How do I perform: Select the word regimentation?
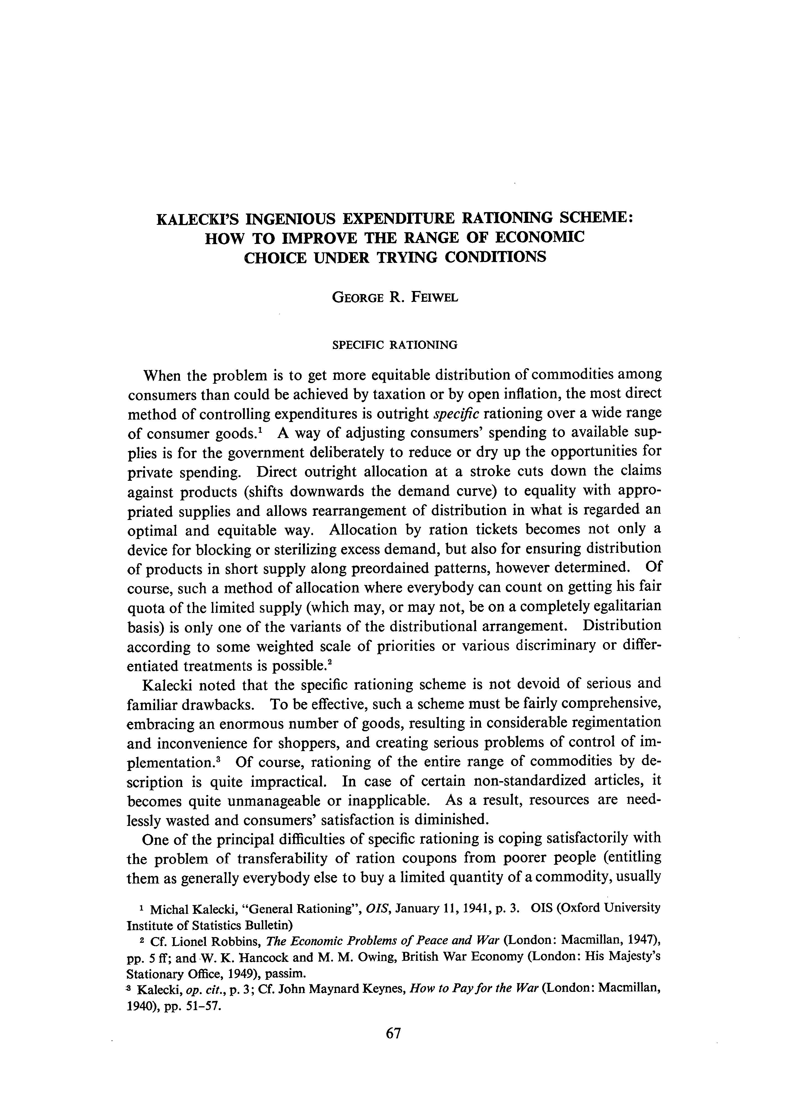tap(616, 723)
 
